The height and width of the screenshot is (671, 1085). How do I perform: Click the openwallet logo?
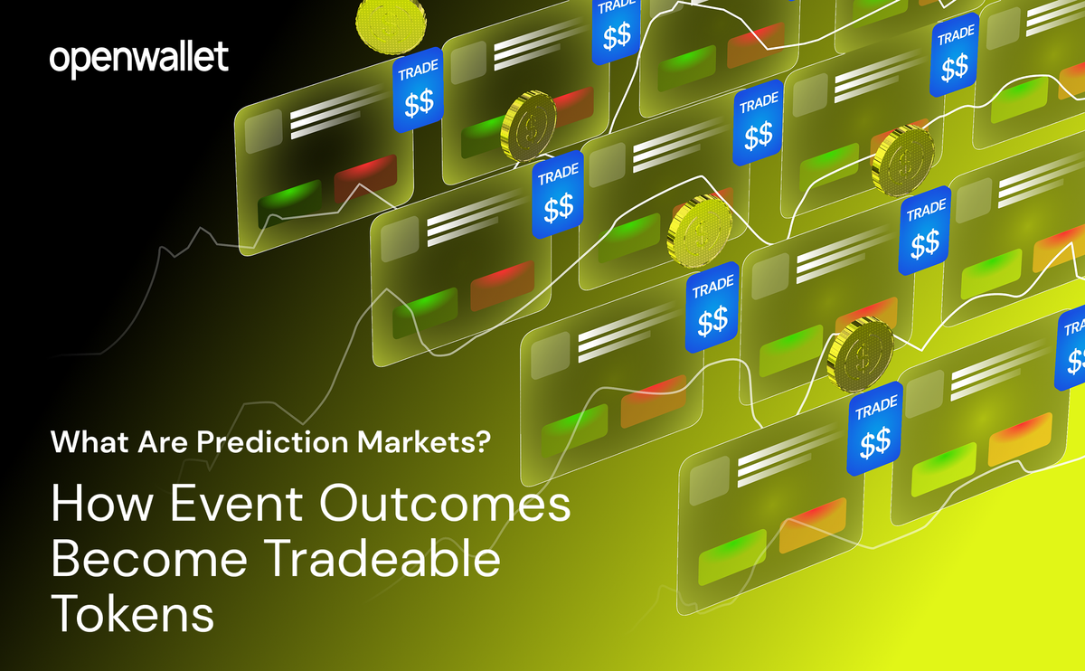pos(138,59)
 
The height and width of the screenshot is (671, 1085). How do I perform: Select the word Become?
pos(146,560)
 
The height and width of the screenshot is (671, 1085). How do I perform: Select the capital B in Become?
pos(66,560)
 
